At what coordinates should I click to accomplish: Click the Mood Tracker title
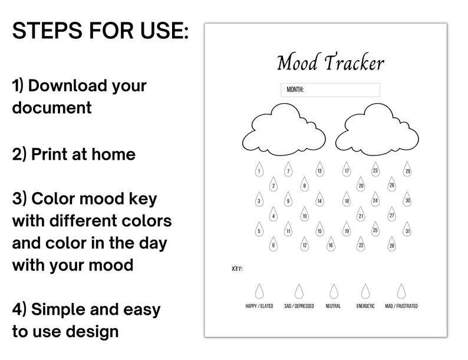330,63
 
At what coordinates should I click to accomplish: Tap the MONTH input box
330,90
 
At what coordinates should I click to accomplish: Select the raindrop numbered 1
259,171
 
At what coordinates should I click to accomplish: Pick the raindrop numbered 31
407,230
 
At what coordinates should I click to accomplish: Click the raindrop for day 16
331,245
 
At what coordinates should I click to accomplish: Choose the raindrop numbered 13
319,171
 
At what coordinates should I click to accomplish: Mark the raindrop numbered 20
361,185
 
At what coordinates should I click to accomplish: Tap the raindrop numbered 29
407,171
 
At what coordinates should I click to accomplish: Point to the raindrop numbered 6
273,245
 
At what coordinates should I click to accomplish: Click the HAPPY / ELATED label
259,306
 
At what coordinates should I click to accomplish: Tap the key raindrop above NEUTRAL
334,291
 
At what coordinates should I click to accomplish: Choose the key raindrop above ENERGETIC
365,291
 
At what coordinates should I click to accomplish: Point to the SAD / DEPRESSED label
299,306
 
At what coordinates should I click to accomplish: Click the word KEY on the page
237,269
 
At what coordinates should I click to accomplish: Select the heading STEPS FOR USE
101,31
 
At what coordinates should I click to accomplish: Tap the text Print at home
74,154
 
